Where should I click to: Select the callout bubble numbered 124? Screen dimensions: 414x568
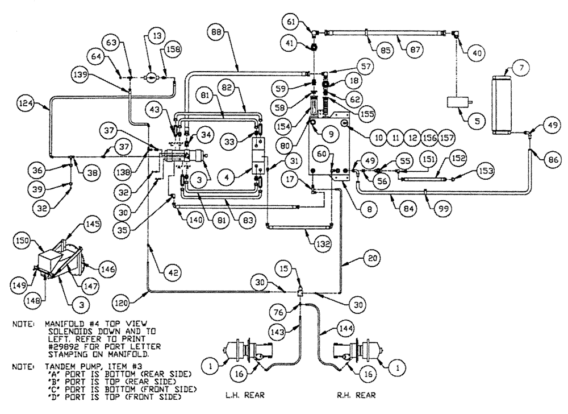pyautogui.click(x=41, y=103)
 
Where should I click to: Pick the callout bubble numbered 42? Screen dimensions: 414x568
pyautogui.click(x=169, y=272)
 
